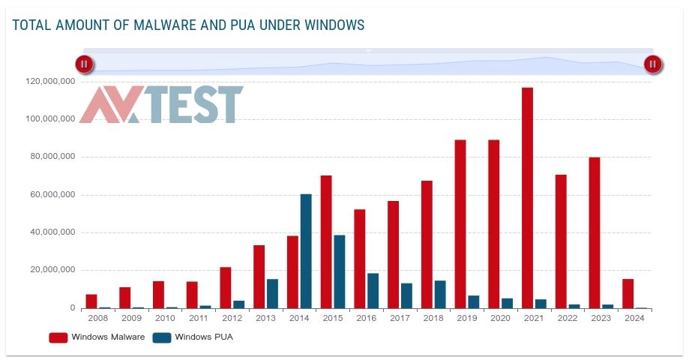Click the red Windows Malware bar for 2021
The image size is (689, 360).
(527, 198)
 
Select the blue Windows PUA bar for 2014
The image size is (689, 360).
(306, 251)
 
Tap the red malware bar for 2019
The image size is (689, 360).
(460, 224)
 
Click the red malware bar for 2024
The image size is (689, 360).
(628, 294)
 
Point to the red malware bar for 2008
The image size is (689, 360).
(91, 301)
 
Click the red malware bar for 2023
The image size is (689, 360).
(595, 232)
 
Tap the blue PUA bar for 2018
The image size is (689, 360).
(440, 295)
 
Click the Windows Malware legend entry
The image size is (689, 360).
(97, 337)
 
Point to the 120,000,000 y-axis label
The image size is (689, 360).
(49, 81)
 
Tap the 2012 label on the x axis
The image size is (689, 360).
(232, 318)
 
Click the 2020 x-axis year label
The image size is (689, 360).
(499, 318)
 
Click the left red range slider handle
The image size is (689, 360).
(84, 64)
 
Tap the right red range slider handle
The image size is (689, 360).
(652, 64)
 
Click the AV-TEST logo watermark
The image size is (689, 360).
(161, 105)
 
